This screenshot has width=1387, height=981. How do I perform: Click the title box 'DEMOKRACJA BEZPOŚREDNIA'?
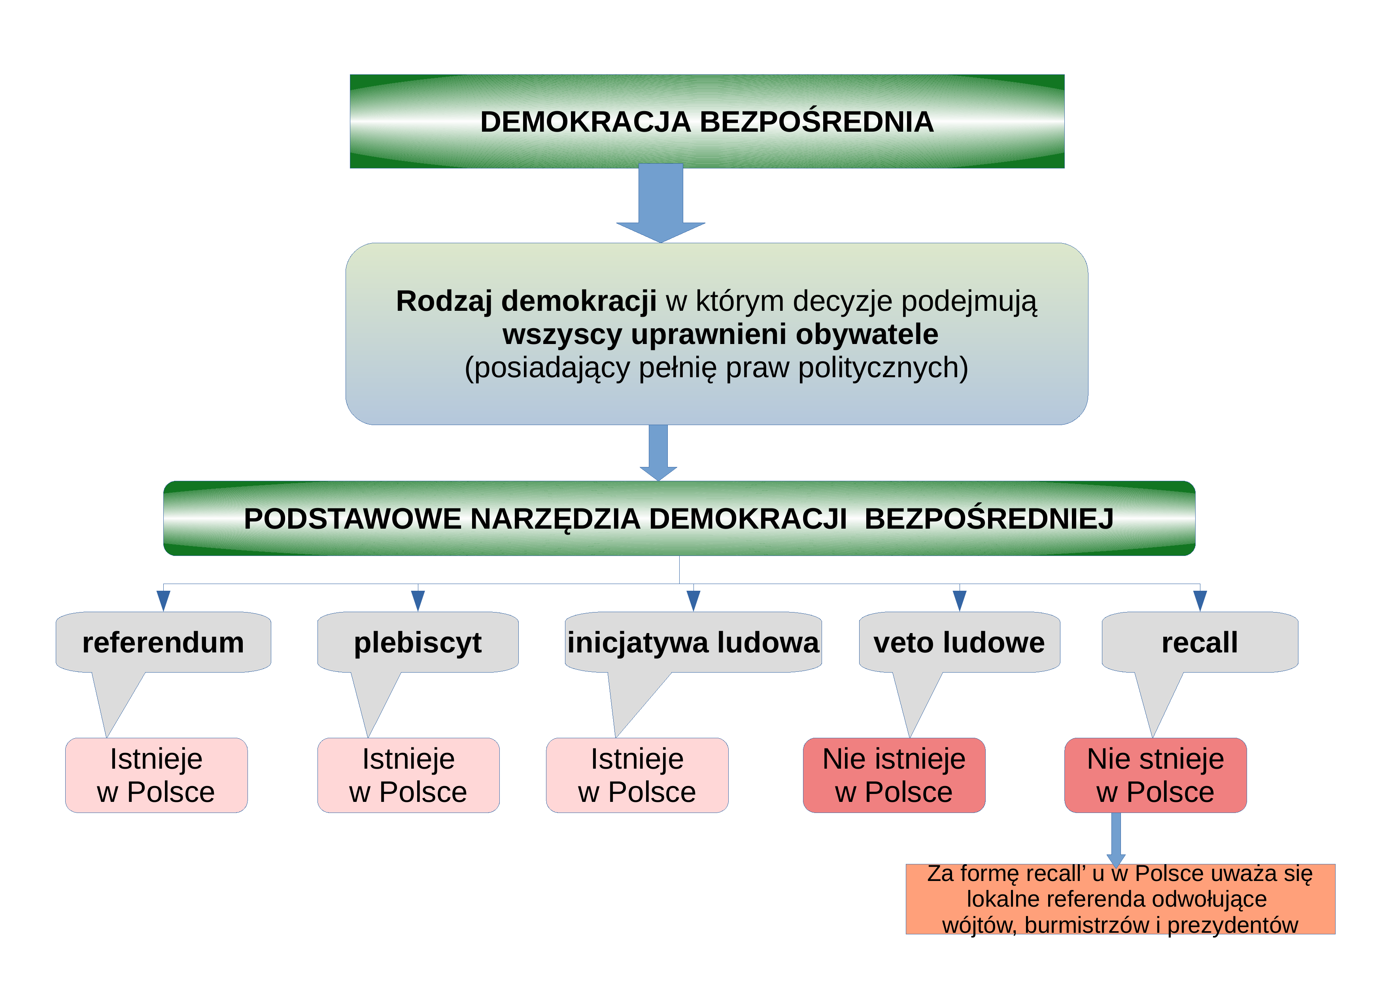[707, 121]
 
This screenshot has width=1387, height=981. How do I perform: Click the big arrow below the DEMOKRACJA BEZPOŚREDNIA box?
[661, 203]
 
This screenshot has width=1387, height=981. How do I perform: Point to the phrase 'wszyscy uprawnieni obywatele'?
[720, 335]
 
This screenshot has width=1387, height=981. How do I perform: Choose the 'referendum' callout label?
[163, 642]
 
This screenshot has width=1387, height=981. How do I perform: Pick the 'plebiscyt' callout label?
[418, 642]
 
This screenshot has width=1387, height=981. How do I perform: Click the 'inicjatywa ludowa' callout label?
[693, 642]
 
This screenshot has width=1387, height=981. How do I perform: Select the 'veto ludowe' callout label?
[959, 642]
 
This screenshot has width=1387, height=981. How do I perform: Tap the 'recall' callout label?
[1200, 642]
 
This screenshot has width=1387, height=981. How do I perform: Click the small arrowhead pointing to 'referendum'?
[163, 601]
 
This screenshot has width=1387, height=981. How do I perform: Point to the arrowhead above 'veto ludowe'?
[959, 601]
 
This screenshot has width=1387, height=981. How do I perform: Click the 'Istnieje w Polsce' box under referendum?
[157, 775]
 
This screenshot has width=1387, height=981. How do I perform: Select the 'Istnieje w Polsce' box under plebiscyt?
[408, 775]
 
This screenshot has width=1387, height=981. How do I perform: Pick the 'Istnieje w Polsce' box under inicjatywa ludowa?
[637, 775]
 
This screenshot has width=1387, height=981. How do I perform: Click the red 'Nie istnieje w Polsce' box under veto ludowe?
[894, 775]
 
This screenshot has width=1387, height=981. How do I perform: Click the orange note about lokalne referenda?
[1120, 899]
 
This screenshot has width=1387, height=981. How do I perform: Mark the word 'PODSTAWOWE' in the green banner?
[352, 519]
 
